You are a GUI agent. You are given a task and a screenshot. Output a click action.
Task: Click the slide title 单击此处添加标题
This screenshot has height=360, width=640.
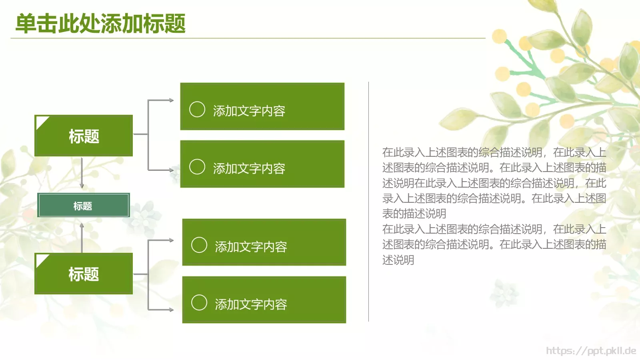(x=100, y=23)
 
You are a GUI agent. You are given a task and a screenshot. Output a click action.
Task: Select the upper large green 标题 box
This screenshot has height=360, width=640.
(x=84, y=136)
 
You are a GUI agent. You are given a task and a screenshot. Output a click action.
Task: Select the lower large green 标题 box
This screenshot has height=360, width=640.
(x=84, y=274)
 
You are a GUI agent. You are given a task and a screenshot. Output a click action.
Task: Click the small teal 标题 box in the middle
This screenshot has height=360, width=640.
(x=83, y=206)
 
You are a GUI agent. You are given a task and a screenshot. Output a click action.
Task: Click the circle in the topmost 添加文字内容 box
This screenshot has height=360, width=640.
(x=197, y=109)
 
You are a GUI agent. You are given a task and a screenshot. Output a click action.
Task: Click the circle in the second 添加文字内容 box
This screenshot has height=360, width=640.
(x=197, y=167)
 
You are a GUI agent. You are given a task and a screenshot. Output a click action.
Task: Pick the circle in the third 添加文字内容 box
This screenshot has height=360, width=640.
(x=199, y=245)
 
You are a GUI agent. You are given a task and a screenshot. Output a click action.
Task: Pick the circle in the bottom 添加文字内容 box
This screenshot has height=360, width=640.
(x=199, y=303)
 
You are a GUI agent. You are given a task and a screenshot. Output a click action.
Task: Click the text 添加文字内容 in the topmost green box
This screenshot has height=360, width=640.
(x=249, y=111)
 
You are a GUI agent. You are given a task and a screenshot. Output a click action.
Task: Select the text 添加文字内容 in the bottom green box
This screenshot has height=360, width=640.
(x=251, y=304)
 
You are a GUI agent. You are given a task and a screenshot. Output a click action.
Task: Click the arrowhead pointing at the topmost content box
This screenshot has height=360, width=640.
(x=171, y=100)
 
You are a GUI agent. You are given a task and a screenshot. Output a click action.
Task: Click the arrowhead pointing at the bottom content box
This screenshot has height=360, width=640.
(x=171, y=310)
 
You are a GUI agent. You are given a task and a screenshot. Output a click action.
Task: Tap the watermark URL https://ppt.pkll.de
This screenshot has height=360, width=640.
(x=591, y=351)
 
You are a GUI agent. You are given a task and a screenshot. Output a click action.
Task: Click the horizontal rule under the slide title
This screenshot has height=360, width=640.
(x=248, y=38)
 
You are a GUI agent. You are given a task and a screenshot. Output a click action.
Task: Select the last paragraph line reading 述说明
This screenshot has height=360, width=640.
(x=398, y=260)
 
